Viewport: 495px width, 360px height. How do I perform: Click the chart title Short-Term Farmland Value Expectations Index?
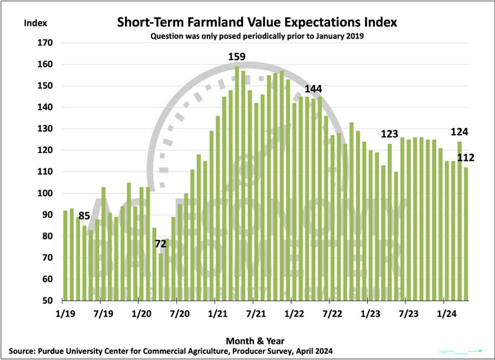click(257, 22)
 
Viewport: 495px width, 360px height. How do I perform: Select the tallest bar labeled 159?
click(237, 184)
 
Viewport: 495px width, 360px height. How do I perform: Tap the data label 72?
click(162, 244)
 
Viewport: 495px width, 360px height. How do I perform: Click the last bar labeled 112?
click(465, 234)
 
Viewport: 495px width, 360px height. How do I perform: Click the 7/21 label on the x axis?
click(255, 312)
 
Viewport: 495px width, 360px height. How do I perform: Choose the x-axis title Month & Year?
click(255, 340)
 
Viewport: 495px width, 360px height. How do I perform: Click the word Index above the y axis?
click(35, 23)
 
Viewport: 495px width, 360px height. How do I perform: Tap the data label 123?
click(389, 134)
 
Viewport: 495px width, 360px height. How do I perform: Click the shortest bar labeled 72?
click(161, 277)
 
